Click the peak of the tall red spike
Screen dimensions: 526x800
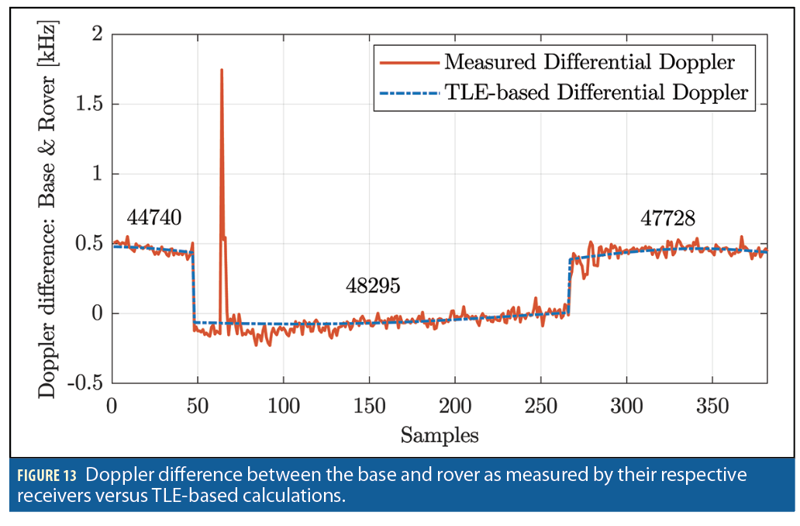(222, 70)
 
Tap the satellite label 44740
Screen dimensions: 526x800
(154, 218)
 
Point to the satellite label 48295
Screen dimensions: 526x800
(373, 286)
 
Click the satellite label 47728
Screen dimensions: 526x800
(667, 218)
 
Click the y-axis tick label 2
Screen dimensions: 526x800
(96, 34)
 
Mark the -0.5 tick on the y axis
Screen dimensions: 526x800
(86, 383)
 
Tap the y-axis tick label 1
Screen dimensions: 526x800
(96, 174)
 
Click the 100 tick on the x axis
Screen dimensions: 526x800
(284, 404)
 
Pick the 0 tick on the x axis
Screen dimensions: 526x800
(112, 404)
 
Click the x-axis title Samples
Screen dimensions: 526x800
(440, 435)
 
